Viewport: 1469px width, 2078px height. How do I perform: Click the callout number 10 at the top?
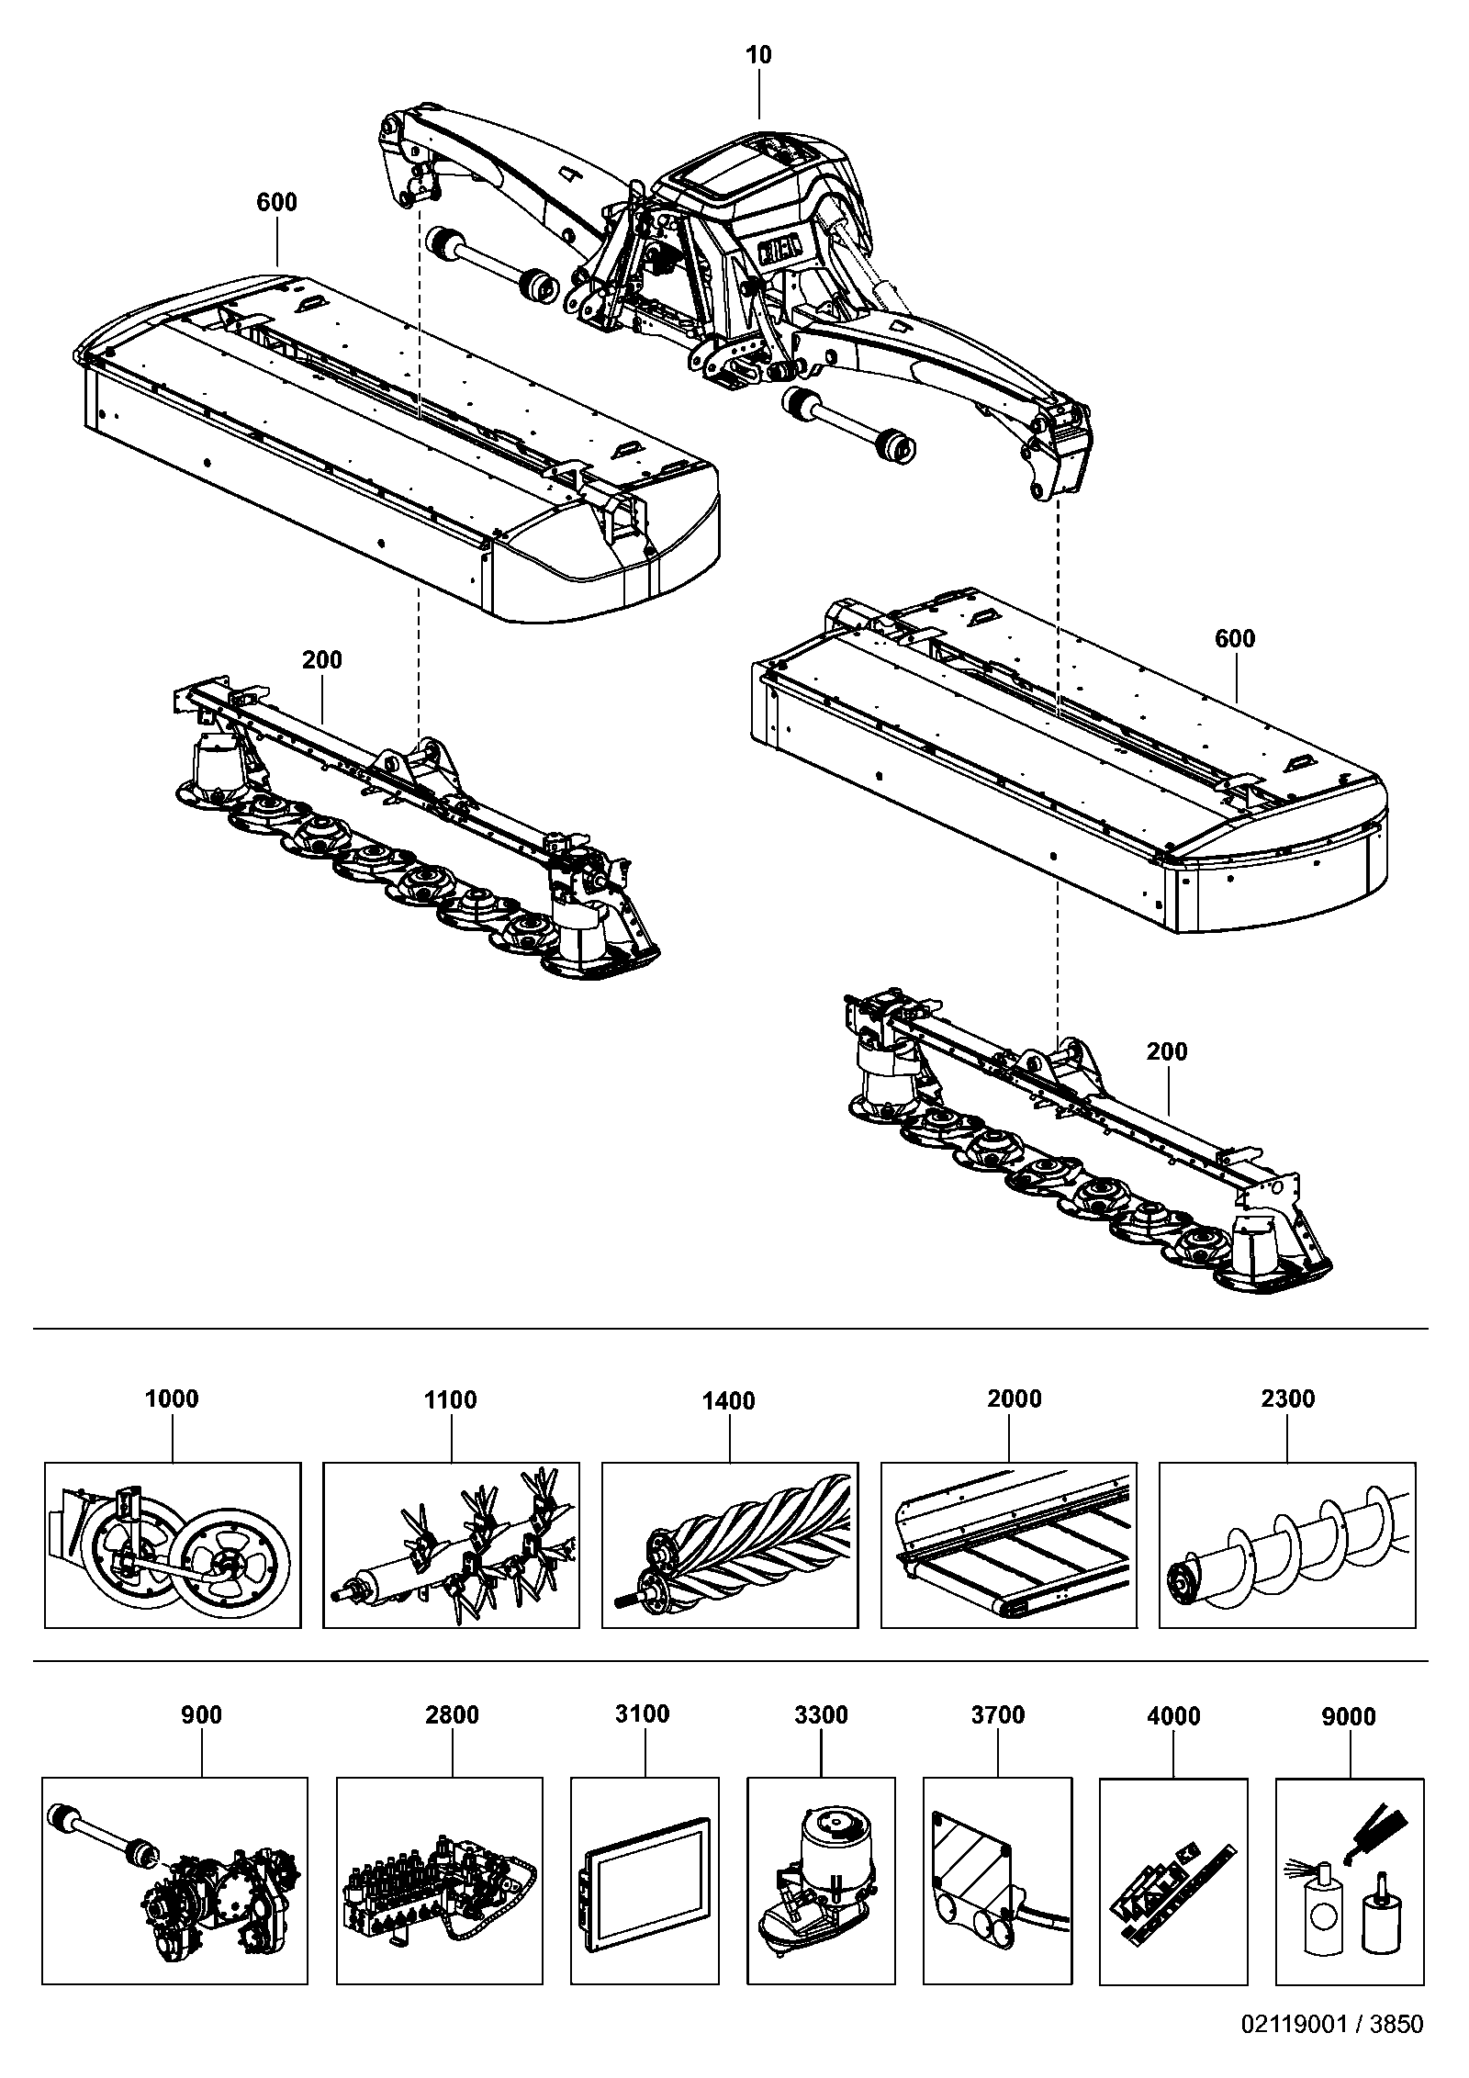click(759, 55)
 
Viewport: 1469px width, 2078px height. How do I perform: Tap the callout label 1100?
click(451, 1399)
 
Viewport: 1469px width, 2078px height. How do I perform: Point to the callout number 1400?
click(729, 1400)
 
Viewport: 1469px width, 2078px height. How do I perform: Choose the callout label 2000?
click(1015, 1398)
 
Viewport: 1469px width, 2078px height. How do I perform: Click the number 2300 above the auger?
click(1288, 1398)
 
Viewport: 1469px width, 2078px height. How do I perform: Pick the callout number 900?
click(202, 1714)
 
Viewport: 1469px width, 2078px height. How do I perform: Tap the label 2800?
click(453, 1714)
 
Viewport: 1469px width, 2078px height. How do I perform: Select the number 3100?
click(643, 1713)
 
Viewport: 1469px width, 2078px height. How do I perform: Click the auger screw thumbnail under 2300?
click(1287, 1545)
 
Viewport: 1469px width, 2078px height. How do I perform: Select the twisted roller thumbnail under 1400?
click(730, 1545)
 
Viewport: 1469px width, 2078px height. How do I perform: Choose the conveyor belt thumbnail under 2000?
click(1008, 1545)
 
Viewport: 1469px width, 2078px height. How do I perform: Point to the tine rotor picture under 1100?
click(452, 1545)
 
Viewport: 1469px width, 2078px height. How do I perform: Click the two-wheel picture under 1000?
click(173, 1545)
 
